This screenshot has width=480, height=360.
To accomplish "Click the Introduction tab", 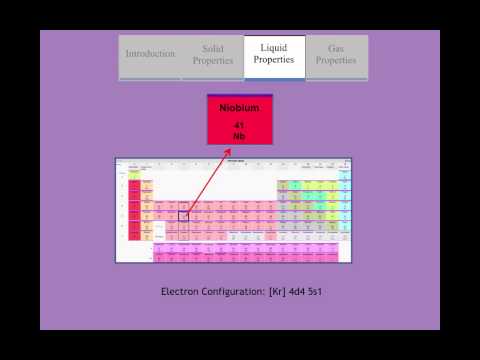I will tap(150, 54).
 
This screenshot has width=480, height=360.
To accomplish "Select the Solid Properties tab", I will tap(212, 54).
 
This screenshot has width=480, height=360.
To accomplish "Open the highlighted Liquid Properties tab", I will tap(274, 54).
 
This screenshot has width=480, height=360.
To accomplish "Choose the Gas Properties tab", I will tap(336, 54).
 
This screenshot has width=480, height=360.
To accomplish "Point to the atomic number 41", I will tap(239, 124).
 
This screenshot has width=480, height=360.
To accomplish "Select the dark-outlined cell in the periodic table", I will tap(183, 215).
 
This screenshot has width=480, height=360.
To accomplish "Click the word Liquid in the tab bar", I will tap(274, 48).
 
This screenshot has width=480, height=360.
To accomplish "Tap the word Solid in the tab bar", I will tap(212, 48).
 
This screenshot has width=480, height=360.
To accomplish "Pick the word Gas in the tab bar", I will tap(336, 48).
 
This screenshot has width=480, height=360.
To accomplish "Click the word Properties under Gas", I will tap(336, 60).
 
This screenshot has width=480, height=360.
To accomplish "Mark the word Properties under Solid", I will tap(212, 60).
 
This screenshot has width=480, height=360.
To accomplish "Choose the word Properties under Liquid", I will tap(274, 60).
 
